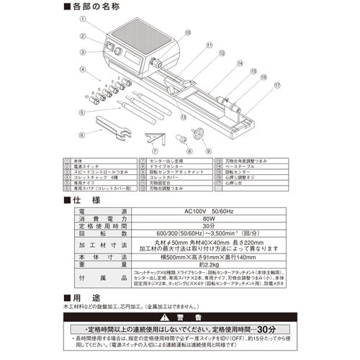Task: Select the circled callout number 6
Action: coord(84,134)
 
